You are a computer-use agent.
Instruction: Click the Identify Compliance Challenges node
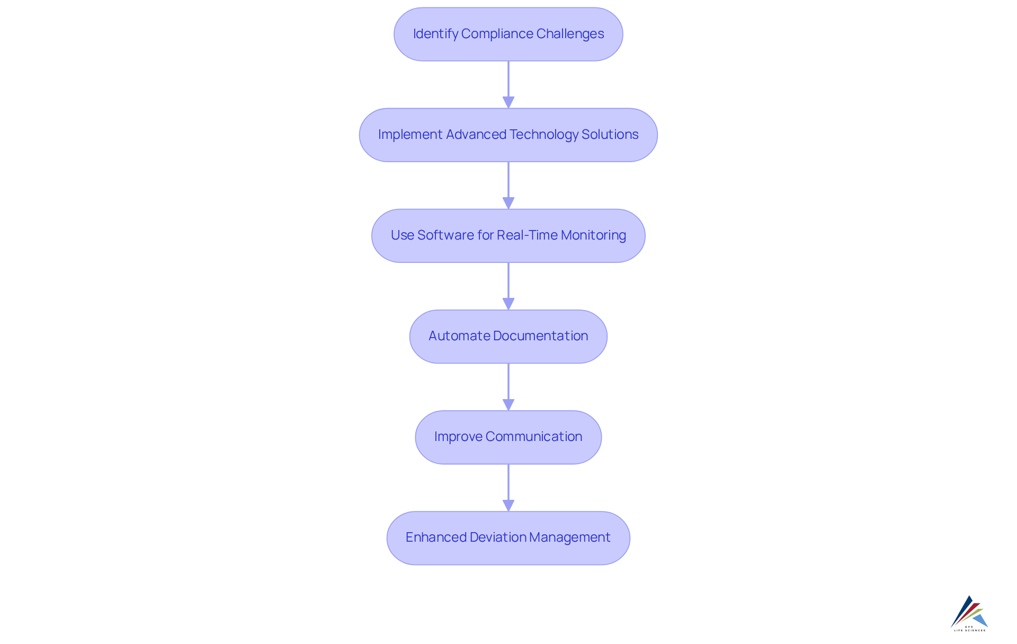click(508, 34)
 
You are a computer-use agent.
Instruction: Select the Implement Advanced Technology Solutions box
click(508, 135)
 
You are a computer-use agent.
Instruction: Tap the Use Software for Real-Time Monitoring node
click(508, 236)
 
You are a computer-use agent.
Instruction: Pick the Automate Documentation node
click(508, 337)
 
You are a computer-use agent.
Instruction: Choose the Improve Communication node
click(508, 437)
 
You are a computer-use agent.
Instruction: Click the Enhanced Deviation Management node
click(508, 538)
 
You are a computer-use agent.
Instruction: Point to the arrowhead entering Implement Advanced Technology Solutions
click(508, 102)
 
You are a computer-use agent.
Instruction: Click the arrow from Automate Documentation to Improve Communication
click(508, 386)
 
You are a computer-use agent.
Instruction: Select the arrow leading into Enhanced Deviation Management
click(508, 487)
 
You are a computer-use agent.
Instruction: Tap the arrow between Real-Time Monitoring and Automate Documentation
click(508, 286)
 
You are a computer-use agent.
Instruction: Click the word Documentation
click(540, 336)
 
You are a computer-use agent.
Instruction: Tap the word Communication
click(533, 437)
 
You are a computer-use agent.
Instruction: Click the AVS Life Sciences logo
click(969, 613)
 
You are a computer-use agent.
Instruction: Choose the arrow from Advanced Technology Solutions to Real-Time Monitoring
click(508, 185)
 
